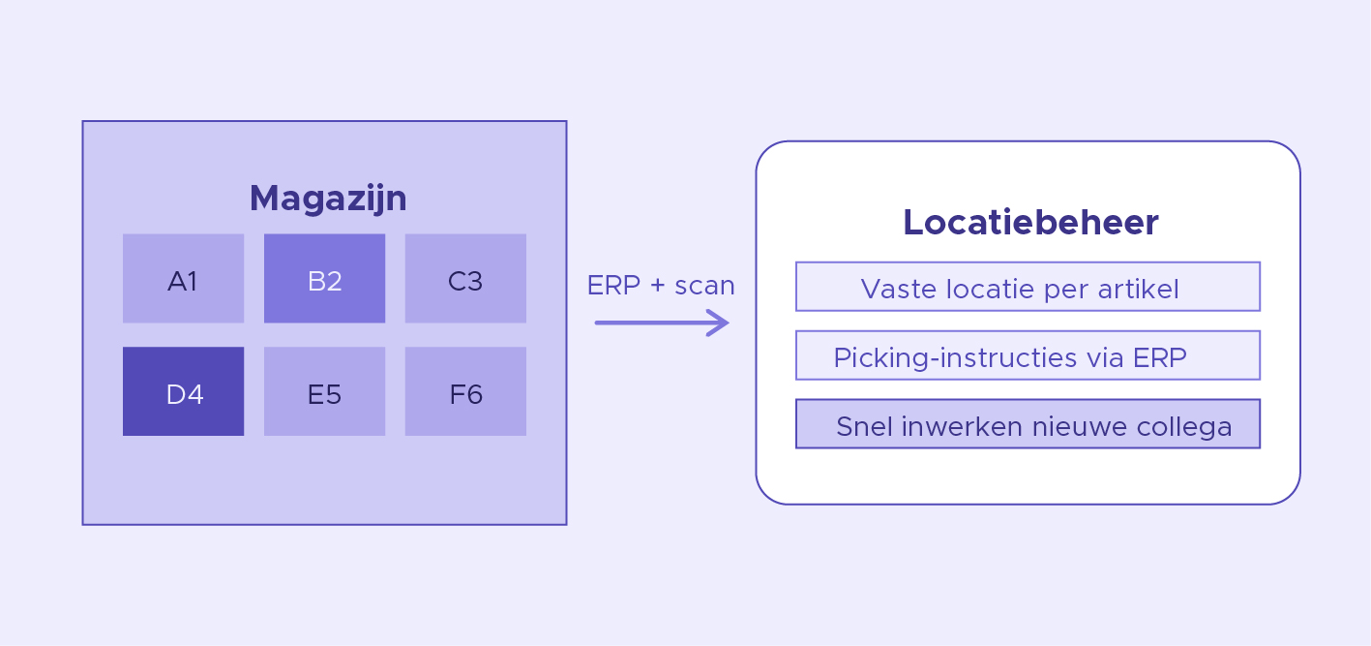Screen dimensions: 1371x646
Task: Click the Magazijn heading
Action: (x=328, y=200)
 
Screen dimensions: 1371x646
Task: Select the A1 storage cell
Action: (x=184, y=278)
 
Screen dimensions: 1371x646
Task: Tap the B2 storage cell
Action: (x=324, y=278)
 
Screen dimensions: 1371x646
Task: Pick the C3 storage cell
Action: (x=465, y=278)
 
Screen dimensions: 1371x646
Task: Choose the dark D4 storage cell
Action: (x=184, y=391)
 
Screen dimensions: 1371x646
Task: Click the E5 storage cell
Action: (x=324, y=391)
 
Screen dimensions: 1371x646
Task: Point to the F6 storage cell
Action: (x=465, y=391)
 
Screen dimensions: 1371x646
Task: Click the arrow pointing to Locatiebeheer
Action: (x=662, y=323)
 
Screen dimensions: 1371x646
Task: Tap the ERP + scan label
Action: (x=661, y=286)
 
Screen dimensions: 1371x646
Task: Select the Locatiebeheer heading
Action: (x=1030, y=222)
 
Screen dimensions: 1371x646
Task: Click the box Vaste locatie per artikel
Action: (x=1028, y=287)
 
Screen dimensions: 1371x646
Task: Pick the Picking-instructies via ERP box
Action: (x=1028, y=355)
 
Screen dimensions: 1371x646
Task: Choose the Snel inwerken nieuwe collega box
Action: (x=1028, y=424)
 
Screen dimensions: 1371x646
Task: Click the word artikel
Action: (x=1138, y=290)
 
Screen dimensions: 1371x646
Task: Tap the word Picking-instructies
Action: (x=955, y=358)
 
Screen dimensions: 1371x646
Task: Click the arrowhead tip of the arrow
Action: (x=730, y=323)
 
